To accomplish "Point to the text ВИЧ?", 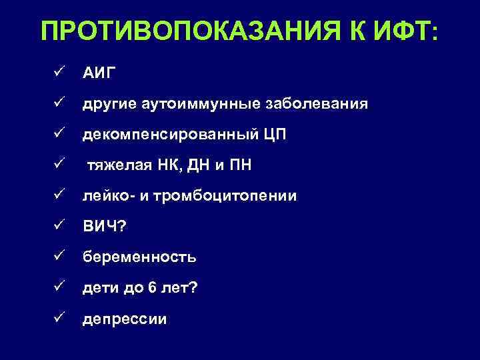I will point(103,227).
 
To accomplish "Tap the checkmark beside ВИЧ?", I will point(59,226).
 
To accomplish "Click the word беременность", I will point(139,257).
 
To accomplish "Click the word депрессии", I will point(125,319).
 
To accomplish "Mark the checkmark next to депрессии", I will point(59,318).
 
